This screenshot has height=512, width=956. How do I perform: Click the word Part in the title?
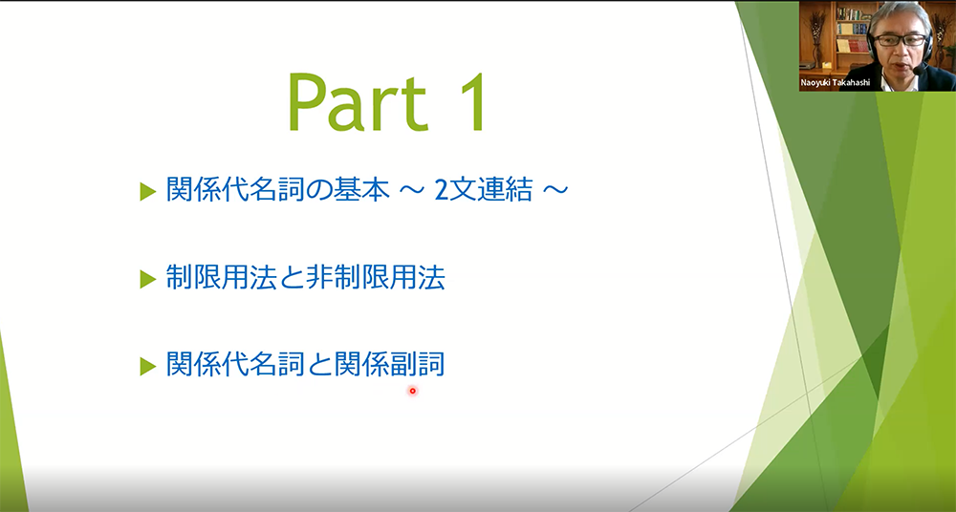tap(357, 102)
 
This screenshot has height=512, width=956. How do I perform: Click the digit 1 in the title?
tap(470, 102)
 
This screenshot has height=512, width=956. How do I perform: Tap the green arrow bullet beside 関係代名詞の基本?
tap(148, 191)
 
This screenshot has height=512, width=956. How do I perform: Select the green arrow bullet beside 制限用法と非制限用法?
tap(148, 279)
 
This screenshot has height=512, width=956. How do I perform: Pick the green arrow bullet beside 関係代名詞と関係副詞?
tap(148, 366)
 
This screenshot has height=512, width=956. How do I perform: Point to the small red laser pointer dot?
tap(412, 391)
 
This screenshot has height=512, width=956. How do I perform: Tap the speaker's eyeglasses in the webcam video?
tap(900, 40)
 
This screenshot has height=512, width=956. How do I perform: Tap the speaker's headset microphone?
tap(919, 70)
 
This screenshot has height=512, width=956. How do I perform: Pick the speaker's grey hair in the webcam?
tap(900, 16)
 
